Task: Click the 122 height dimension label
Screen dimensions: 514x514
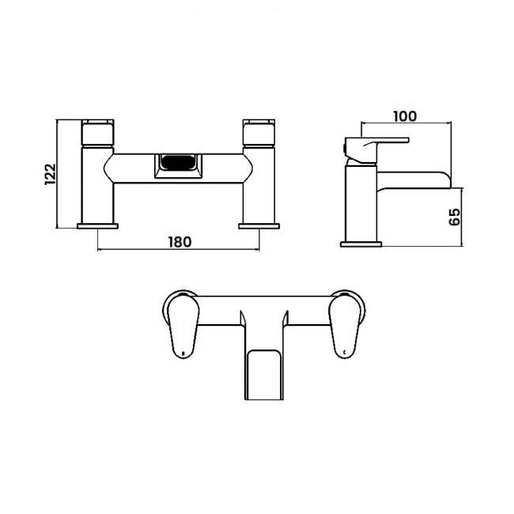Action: pyautogui.click(x=50, y=174)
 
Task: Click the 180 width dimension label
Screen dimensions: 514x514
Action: pyautogui.click(x=180, y=242)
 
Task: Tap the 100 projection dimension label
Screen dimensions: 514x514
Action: pyautogui.click(x=405, y=116)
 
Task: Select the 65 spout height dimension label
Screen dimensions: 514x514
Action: pyautogui.click(x=455, y=217)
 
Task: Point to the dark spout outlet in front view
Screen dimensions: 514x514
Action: pyautogui.click(x=178, y=161)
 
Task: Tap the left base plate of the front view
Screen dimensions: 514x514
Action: pyautogui.click(x=97, y=226)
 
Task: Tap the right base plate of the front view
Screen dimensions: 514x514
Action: pyautogui.click(x=259, y=226)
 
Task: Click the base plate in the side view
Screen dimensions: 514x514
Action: pyautogui.click(x=361, y=244)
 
